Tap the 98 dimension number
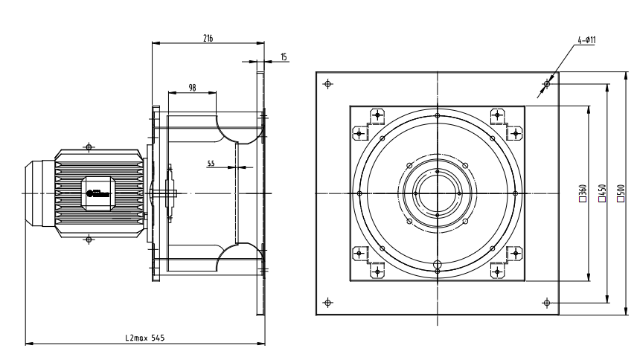(x=192, y=88)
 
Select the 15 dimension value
(x=284, y=57)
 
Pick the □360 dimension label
(x=584, y=193)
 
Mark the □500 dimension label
(x=621, y=193)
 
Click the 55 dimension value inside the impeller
(x=212, y=162)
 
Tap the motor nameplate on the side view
(x=97, y=192)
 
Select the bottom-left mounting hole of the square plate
(x=328, y=302)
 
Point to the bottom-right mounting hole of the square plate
(x=546, y=302)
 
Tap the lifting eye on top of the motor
(x=89, y=147)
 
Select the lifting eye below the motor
(x=89, y=240)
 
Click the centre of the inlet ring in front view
(x=438, y=193)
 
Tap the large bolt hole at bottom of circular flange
(x=438, y=264)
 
